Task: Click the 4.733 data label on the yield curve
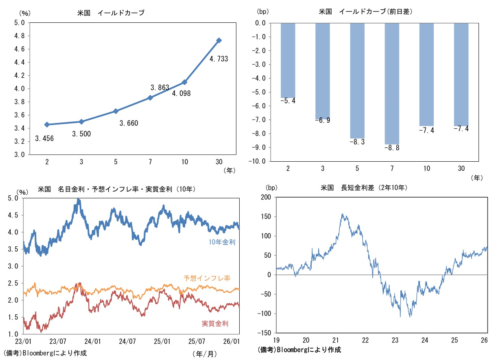coord(218,59)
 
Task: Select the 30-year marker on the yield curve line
coord(219,40)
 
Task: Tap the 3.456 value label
coord(44,138)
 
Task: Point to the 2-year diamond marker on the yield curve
coord(47,124)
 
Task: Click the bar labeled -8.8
coord(392,83)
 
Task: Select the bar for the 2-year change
coord(288,60)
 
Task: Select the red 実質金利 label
coord(215,324)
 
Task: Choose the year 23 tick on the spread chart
coord(395,340)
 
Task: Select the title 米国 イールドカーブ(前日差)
coord(365,12)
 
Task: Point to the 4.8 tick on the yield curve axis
coord(19,36)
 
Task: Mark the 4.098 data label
coord(181,93)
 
